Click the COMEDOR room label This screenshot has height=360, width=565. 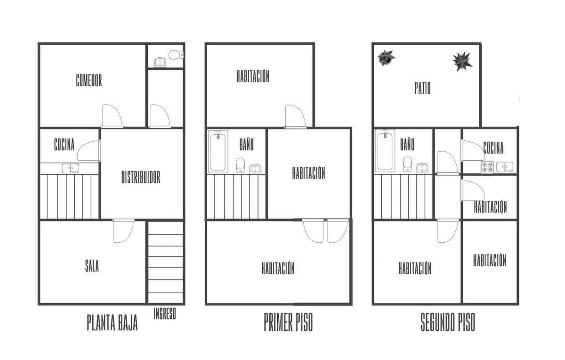(x=89, y=80)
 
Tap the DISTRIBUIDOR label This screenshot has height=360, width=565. (x=141, y=177)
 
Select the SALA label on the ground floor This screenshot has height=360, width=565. (x=92, y=266)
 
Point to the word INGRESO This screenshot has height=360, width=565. (x=165, y=313)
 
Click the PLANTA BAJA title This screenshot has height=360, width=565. (x=112, y=322)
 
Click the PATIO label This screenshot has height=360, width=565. (x=422, y=88)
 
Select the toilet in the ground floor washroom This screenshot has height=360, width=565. (x=176, y=55)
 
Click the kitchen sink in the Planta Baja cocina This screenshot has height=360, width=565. (x=70, y=168)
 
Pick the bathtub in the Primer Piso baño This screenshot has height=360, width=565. (x=218, y=151)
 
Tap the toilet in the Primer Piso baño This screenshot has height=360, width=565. (x=241, y=165)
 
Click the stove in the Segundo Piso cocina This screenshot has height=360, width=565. (x=487, y=167)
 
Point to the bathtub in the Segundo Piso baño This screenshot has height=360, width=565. (x=385, y=151)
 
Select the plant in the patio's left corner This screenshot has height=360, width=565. (x=386, y=58)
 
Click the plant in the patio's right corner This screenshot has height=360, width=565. (x=462, y=61)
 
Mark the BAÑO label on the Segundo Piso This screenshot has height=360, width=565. (x=407, y=144)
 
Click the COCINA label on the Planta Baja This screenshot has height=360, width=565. (x=65, y=144)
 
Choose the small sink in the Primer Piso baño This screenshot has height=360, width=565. (x=256, y=169)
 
